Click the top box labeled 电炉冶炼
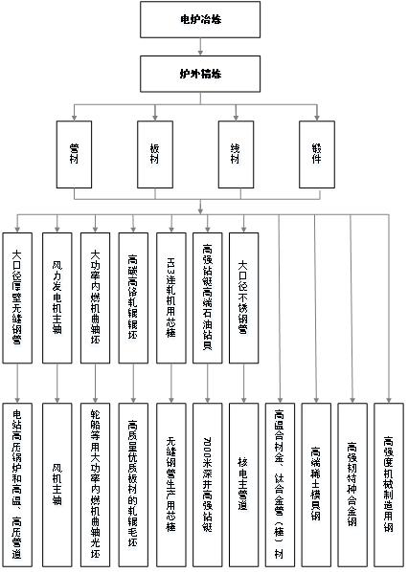tap(199, 18)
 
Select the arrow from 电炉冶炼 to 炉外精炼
tap(199, 45)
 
